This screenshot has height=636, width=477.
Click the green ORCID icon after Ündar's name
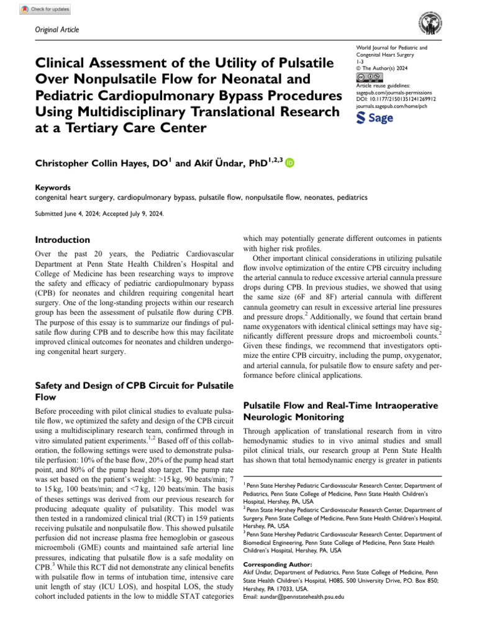289,162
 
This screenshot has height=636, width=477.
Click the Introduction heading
63,239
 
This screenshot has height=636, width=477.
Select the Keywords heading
53,188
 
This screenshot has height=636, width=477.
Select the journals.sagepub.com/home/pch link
394,106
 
